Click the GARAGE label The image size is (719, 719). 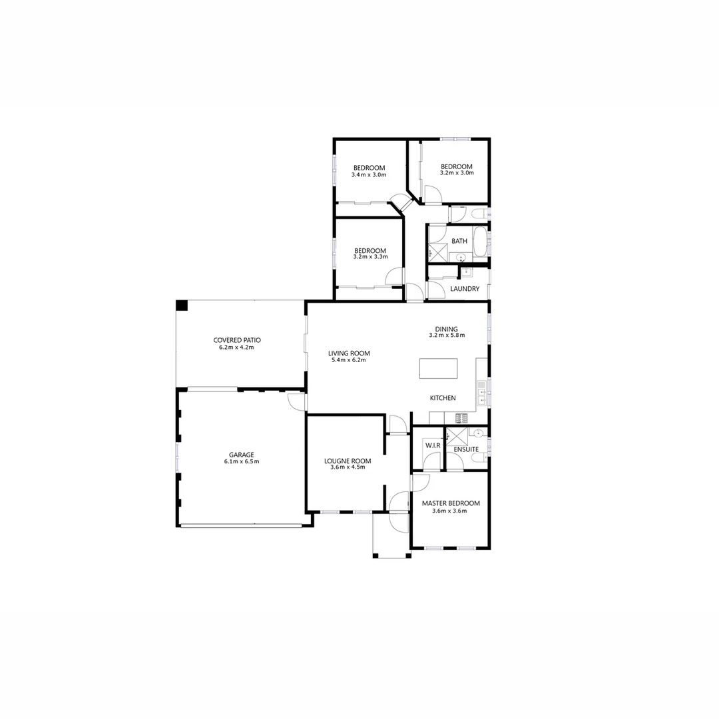tap(242, 455)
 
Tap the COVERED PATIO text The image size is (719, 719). tap(236, 340)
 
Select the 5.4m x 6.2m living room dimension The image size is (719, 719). tap(348, 360)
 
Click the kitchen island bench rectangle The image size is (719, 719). tap(438, 368)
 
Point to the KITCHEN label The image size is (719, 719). tap(443, 398)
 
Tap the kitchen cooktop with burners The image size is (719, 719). tap(461, 418)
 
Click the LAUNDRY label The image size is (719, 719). tap(465, 289)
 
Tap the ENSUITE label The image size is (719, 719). tap(466, 449)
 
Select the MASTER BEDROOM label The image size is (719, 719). tap(450, 503)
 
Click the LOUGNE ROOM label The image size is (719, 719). tap(348, 461)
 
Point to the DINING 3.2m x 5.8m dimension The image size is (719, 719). tap(447, 336)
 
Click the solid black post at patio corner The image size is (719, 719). tap(182, 306)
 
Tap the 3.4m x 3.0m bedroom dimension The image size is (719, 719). tap(369, 175)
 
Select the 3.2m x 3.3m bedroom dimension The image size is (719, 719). tap(370, 257)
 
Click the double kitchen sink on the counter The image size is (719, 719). tap(481, 393)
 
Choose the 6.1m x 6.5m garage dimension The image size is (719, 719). tap(242, 461)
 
